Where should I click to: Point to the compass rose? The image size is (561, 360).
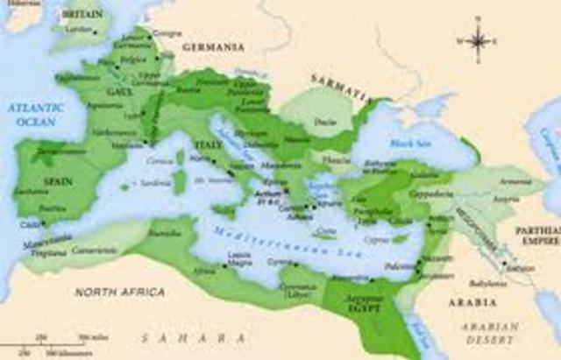coord(479,40)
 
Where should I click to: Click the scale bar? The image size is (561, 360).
coord(61,342)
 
